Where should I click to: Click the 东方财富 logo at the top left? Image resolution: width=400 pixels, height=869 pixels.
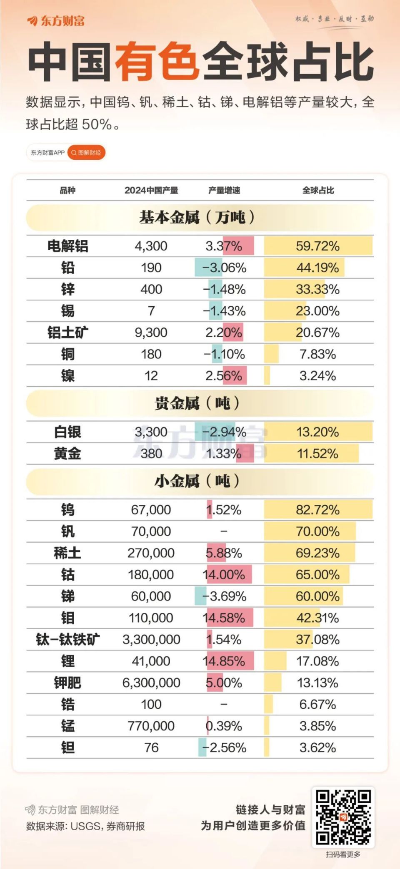pos(56,21)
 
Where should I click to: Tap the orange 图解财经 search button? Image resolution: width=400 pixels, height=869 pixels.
pos(86,153)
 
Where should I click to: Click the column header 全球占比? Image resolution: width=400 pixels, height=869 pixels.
pos(318,190)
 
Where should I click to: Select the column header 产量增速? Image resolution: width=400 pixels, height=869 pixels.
pos(224,190)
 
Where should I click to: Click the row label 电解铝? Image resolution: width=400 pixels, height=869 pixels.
pos(67,246)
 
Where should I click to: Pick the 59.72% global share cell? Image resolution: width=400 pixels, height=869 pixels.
pos(317,246)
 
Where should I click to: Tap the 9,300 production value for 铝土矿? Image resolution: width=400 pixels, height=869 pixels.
pos(151,333)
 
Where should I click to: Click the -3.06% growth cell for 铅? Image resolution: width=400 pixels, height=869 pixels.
pos(224,268)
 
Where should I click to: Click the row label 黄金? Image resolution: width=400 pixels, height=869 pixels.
pos(67,453)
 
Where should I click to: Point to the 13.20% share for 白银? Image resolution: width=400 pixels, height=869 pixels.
pos(317,432)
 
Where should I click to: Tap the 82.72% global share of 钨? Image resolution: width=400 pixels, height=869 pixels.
pos(317,510)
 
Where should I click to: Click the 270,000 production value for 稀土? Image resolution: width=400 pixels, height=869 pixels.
pos(151,553)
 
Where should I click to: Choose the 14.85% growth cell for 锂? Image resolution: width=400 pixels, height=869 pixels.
pos(224,661)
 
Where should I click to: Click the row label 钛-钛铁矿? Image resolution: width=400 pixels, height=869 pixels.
pos(67,640)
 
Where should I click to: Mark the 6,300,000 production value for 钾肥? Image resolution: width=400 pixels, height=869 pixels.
pos(151,683)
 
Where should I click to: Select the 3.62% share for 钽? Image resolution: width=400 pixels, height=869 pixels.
pos(317,747)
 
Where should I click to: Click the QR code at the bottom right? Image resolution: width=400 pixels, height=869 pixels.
pos(343,817)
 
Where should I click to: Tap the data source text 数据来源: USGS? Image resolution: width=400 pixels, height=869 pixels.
pos(85,826)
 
